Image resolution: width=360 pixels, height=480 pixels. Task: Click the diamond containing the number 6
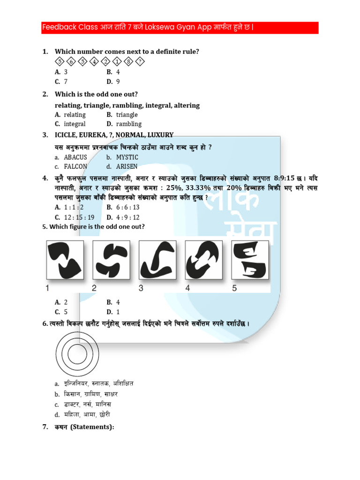(71, 61)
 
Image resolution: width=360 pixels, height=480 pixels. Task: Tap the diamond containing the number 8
(128, 61)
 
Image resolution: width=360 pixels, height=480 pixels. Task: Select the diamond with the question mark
(140, 61)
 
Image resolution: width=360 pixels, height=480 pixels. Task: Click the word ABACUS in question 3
(75, 157)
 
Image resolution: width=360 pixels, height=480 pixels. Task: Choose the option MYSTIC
(127, 157)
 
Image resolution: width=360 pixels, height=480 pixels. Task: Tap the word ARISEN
(127, 166)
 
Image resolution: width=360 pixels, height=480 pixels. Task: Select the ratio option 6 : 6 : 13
(127, 207)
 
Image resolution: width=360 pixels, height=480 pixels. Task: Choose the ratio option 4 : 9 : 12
(127, 217)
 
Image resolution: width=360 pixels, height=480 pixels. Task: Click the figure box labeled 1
(65, 261)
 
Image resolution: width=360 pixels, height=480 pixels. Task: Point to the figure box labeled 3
(157, 261)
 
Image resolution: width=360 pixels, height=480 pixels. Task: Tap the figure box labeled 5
(250, 261)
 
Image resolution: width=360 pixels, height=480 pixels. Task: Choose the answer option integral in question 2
(75, 124)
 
